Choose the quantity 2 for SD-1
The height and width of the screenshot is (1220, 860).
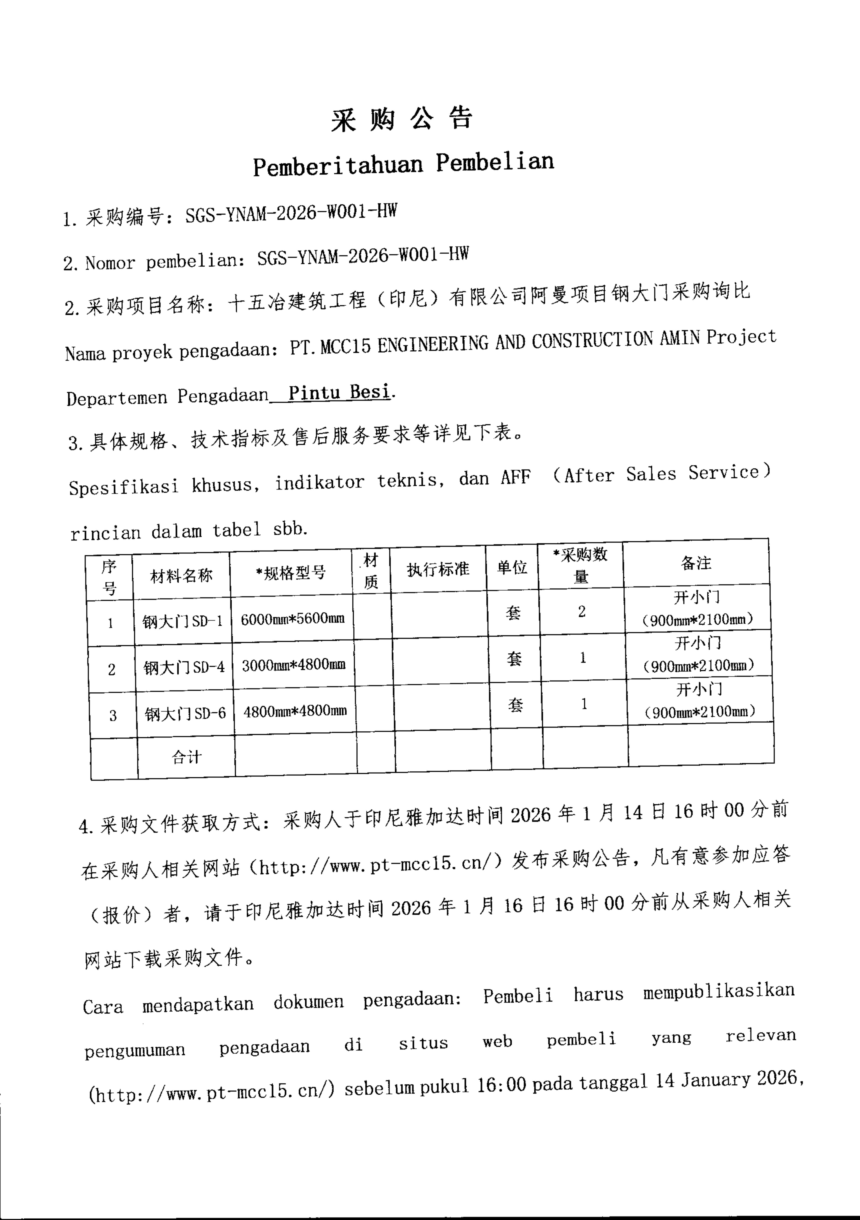[x=582, y=612]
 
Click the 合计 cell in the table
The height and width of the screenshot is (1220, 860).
[x=186, y=757]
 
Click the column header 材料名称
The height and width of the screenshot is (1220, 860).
[x=181, y=575]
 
